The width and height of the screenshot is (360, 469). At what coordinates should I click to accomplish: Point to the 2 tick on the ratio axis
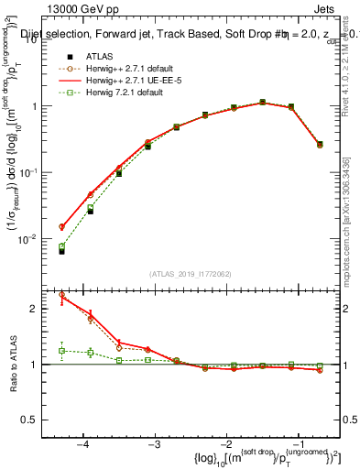pyautogui.click(x=47, y=309)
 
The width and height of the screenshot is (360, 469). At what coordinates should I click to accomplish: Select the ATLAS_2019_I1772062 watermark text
pyautogui.click(x=191, y=274)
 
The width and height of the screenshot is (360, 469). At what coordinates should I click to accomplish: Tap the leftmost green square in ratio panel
pyautogui.click(x=62, y=351)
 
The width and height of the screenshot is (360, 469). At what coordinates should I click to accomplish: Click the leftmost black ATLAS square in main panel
pyautogui.click(x=61, y=250)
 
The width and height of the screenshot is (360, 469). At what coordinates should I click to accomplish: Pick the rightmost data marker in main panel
pyautogui.click(x=319, y=144)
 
